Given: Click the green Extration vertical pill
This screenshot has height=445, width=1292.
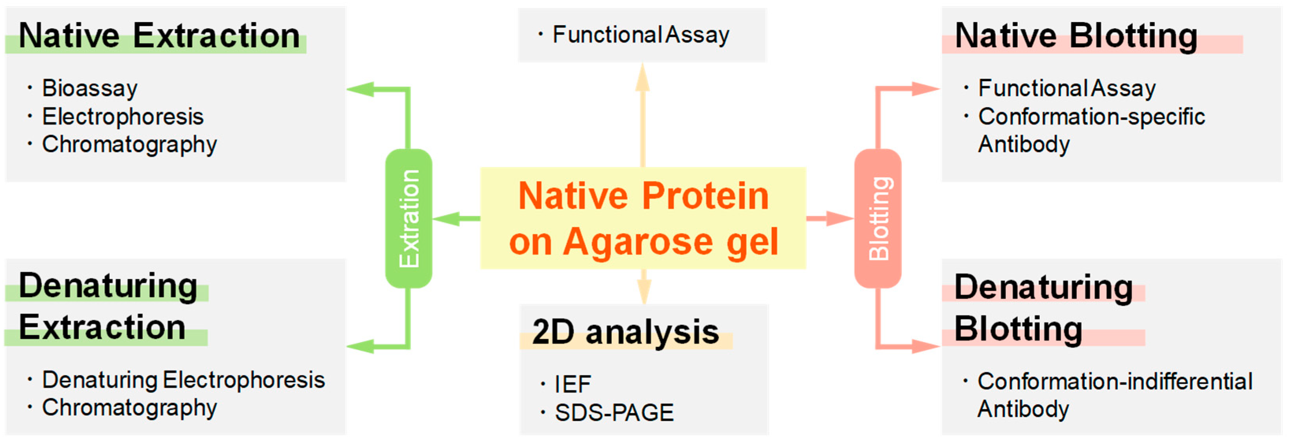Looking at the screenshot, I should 408,219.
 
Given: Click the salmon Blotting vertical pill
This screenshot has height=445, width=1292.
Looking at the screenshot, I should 878,219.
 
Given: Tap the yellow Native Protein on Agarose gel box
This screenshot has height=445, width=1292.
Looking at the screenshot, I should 643,219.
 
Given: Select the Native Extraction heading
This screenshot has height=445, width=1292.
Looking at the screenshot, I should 159,36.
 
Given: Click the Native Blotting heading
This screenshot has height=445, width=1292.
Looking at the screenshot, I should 1076,36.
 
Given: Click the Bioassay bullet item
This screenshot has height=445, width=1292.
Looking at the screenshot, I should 90,88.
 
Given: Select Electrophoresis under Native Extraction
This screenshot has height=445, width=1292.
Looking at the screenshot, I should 123,117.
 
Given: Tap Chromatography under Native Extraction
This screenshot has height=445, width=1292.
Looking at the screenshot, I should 129,145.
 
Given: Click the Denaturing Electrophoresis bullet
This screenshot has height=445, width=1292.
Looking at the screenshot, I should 184,380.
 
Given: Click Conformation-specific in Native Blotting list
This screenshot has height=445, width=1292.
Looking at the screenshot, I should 1091,117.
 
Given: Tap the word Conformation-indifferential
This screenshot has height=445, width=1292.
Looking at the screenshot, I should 1114,381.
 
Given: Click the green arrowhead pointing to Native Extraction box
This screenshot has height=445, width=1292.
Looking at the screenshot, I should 360,89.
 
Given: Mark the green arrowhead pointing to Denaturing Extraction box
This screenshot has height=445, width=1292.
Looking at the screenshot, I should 360,346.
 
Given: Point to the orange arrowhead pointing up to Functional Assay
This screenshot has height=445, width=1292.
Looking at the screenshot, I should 643,78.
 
